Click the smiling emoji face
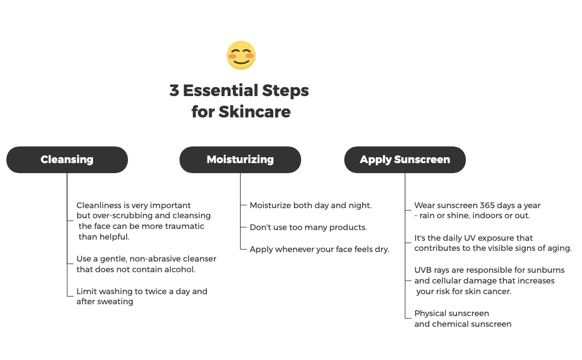[x=241, y=55]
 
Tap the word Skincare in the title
[x=255, y=111]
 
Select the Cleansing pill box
[x=67, y=160]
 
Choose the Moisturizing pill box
[x=240, y=160]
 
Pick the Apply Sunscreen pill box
[x=405, y=160]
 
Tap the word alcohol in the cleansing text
[x=180, y=269]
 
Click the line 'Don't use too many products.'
[x=308, y=227]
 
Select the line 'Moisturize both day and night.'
[x=311, y=205]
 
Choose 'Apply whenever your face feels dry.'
[x=319, y=249]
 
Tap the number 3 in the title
[x=174, y=90]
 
